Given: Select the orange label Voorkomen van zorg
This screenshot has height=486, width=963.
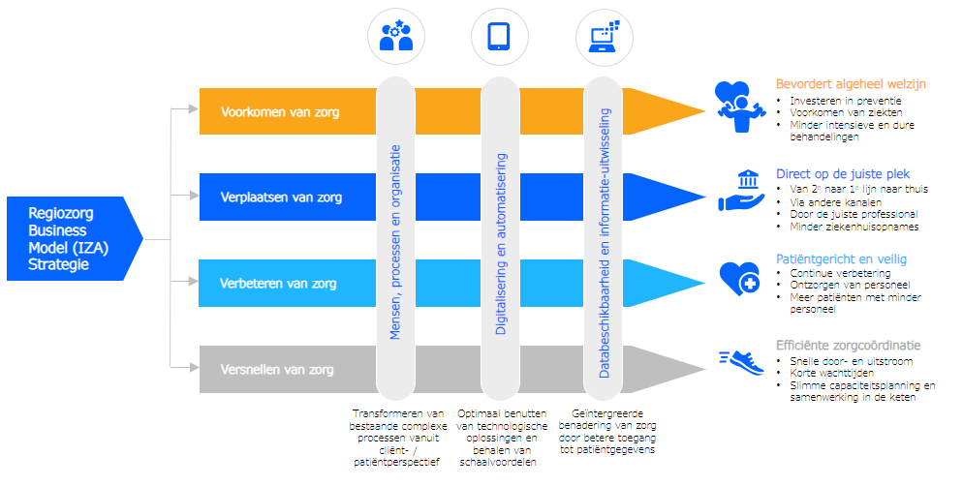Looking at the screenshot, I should tap(280, 112).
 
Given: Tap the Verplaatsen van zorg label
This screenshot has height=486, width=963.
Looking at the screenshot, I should tap(281, 197).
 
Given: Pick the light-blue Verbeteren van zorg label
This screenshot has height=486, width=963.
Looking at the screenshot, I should tap(279, 284).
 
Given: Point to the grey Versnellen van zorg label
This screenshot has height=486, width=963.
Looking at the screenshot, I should tap(277, 369).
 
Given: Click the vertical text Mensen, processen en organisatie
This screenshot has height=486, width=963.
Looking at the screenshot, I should tap(395, 242).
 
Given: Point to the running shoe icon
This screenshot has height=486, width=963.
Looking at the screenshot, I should tap(741, 362).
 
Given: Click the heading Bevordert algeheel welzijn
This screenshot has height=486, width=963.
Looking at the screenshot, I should tap(851, 84).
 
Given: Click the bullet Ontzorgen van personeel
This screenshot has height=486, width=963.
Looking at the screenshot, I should tap(849, 286).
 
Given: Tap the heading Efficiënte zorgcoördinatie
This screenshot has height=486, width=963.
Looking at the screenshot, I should tap(848, 346).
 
